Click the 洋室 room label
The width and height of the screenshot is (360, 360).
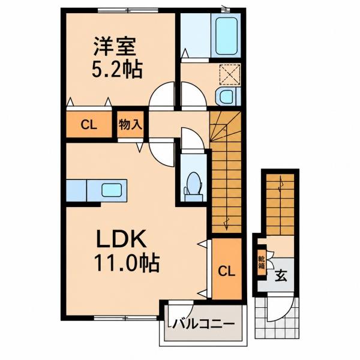[x=115, y=47]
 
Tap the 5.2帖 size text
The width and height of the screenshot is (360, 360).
[x=117, y=69]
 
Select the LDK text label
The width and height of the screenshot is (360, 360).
[x=121, y=239]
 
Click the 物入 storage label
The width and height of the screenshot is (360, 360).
[x=130, y=125]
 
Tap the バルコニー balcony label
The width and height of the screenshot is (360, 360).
[x=204, y=324]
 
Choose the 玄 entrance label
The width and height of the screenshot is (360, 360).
[x=281, y=275]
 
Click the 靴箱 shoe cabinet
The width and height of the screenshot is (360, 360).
[x=262, y=262]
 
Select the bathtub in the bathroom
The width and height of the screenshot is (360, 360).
[x=226, y=36]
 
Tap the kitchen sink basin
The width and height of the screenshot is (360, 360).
[x=112, y=190]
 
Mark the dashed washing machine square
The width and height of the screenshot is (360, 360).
[x=230, y=74]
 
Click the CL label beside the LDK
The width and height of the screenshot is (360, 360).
[x=226, y=272]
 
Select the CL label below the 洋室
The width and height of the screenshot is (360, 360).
[x=89, y=125]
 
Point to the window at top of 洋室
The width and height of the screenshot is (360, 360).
[x=128, y=10]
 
